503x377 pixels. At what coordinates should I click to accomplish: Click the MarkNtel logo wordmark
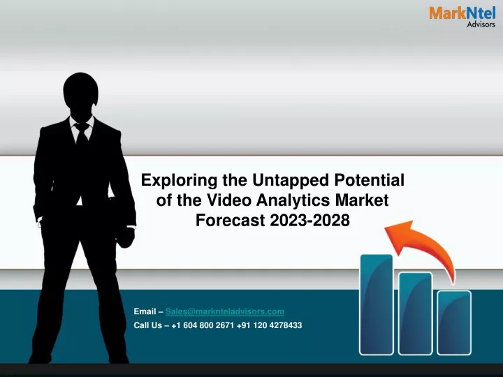[x=462, y=13]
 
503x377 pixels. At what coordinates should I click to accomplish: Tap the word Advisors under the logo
[x=481, y=24]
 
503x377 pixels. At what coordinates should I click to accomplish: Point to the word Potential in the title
[x=370, y=180]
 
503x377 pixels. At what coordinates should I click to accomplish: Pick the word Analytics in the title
[x=293, y=200]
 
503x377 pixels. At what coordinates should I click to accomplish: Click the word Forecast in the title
[x=231, y=220]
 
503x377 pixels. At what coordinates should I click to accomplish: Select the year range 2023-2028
[x=310, y=220]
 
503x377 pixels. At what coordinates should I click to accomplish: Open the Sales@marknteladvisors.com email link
[x=225, y=311]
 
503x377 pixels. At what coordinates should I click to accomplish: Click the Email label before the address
[x=145, y=311]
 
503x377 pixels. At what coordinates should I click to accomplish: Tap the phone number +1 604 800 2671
[x=203, y=325]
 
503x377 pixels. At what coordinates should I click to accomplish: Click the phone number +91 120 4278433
[x=270, y=325]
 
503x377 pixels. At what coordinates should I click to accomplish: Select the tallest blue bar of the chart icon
[x=377, y=304]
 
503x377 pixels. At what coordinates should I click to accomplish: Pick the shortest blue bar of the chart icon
[x=454, y=323]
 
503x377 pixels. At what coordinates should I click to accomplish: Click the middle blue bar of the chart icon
[x=416, y=313]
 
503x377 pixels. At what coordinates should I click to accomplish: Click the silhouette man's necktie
[x=82, y=134]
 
